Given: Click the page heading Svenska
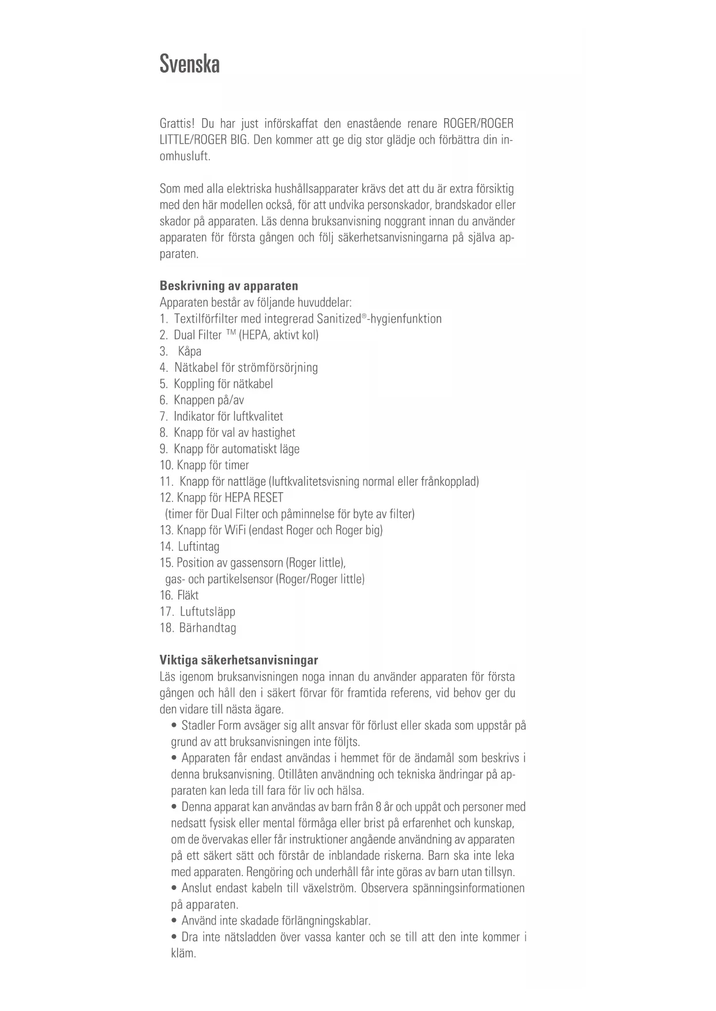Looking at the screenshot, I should click(x=189, y=63).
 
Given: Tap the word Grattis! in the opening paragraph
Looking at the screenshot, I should click(x=177, y=123).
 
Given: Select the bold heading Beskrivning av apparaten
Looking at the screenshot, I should click(x=228, y=286).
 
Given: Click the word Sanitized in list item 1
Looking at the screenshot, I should click(x=339, y=319).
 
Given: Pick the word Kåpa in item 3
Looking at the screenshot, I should click(x=190, y=352).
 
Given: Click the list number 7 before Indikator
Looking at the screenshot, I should click(x=163, y=417).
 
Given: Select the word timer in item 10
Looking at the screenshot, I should click(x=237, y=465).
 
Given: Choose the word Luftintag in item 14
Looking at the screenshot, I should click(x=198, y=546).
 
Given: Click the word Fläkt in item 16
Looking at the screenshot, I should click(x=188, y=595).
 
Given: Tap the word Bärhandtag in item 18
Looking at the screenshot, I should click(x=208, y=628).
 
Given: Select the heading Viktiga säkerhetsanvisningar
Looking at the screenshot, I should click(x=238, y=660).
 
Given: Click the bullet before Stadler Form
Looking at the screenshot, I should click(x=174, y=726).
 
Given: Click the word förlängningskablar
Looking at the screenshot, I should click(x=325, y=921).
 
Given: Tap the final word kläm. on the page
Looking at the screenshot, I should click(x=183, y=953).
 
